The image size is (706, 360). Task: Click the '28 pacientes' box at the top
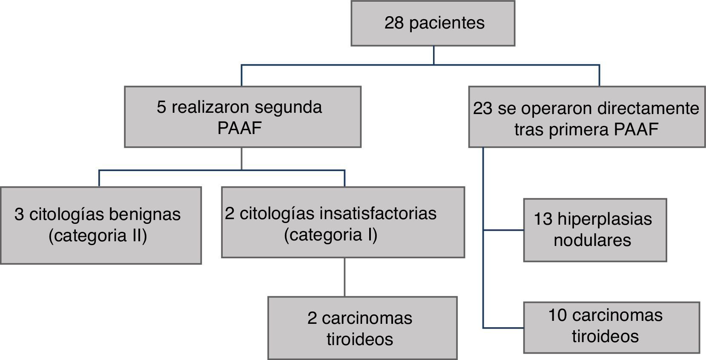433,23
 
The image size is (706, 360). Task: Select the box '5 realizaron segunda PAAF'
242,117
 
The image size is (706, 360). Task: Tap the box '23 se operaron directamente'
586,117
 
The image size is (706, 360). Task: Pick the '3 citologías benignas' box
100,225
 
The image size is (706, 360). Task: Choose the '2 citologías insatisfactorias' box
343,222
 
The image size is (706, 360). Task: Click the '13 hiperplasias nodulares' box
594,230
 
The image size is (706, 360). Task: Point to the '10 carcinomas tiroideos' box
611,327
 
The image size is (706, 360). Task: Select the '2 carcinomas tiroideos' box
362,328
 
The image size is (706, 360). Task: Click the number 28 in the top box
394,23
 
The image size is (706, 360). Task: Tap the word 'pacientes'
447,23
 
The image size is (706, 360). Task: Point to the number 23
482,109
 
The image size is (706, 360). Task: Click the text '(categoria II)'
98,236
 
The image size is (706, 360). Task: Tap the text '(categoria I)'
331,234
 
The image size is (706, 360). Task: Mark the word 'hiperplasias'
605,219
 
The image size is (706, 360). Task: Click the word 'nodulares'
592,240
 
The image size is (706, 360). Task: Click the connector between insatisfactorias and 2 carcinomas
344,277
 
